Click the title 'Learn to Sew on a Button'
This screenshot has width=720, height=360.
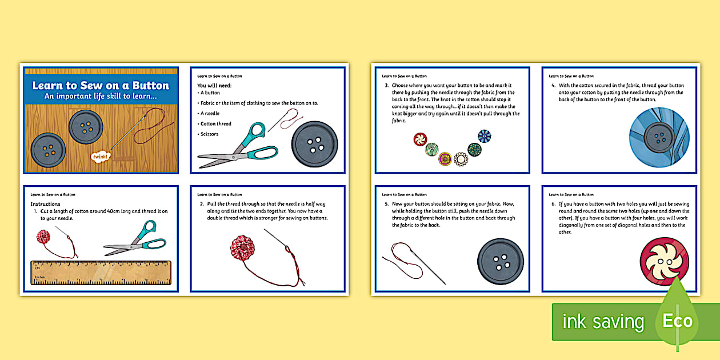[101, 86]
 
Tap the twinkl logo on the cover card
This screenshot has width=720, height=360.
[100, 155]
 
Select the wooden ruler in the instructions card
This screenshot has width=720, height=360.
[101, 273]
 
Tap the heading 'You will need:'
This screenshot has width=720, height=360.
[214, 86]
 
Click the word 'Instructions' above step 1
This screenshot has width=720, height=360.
[45, 204]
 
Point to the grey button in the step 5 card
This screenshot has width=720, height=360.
[500, 261]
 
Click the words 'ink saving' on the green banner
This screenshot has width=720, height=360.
[602, 322]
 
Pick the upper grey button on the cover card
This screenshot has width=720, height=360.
[86, 126]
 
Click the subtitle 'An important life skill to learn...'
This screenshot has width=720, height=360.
[101, 97]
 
